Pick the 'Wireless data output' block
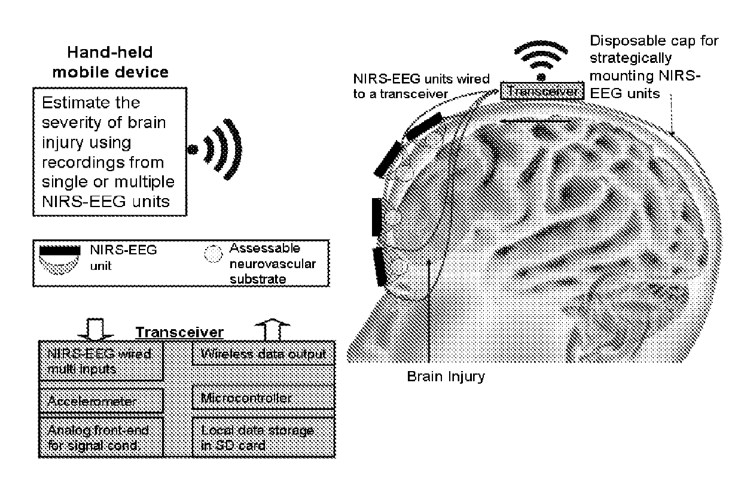(x=261, y=354)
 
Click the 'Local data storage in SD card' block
(x=261, y=436)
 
